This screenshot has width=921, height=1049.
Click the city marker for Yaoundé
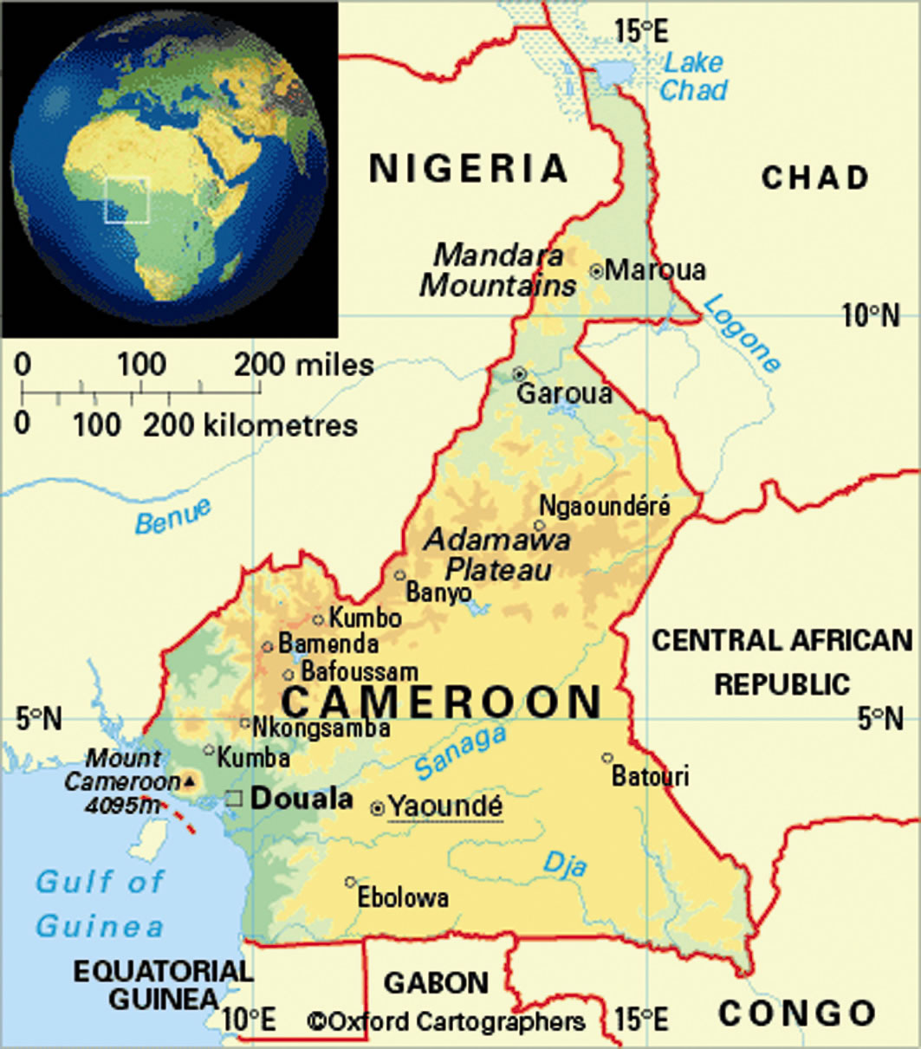tap(378, 808)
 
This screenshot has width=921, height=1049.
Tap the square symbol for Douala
tap(234, 800)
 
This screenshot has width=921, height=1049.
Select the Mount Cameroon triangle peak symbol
tap(189, 781)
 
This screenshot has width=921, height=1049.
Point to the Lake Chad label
tap(695, 76)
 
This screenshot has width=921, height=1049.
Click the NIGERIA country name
tap(468, 168)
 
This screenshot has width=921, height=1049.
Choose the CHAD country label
tap(814, 178)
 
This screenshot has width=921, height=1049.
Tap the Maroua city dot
tap(596, 270)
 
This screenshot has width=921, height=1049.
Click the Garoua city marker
tap(519, 374)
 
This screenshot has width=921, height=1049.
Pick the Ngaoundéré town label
tap(605, 505)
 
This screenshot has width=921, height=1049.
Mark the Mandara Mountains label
tap(498, 270)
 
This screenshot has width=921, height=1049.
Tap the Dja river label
tap(565, 863)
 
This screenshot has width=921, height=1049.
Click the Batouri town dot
tap(607, 757)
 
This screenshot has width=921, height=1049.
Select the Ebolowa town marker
tap(350, 882)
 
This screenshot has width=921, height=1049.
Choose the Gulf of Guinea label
tap(100, 903)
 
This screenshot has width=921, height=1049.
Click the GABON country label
tap(437, 983)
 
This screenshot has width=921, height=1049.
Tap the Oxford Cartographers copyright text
tap(446, 1022)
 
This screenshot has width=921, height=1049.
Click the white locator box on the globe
tap(127, 199)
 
